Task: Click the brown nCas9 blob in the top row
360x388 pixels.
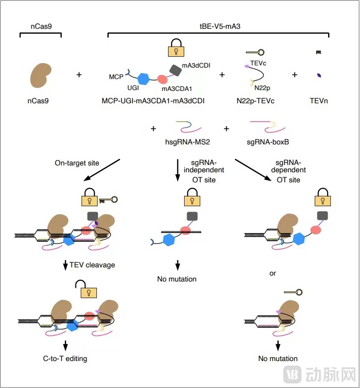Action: [40, 75]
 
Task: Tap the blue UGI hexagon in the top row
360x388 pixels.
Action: [144, 79]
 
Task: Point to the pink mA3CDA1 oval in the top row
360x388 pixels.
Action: [162, 79]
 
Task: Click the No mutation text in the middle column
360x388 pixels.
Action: [177, 279]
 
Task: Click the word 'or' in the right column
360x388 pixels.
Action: [273, 273]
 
